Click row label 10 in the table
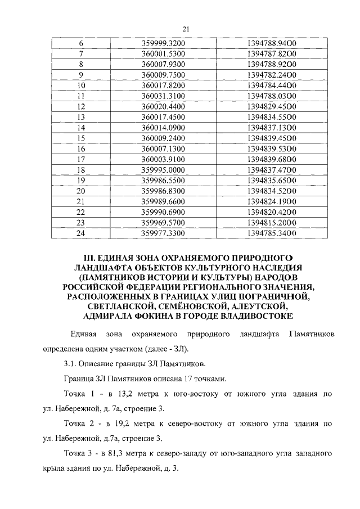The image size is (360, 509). coord(80,85)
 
